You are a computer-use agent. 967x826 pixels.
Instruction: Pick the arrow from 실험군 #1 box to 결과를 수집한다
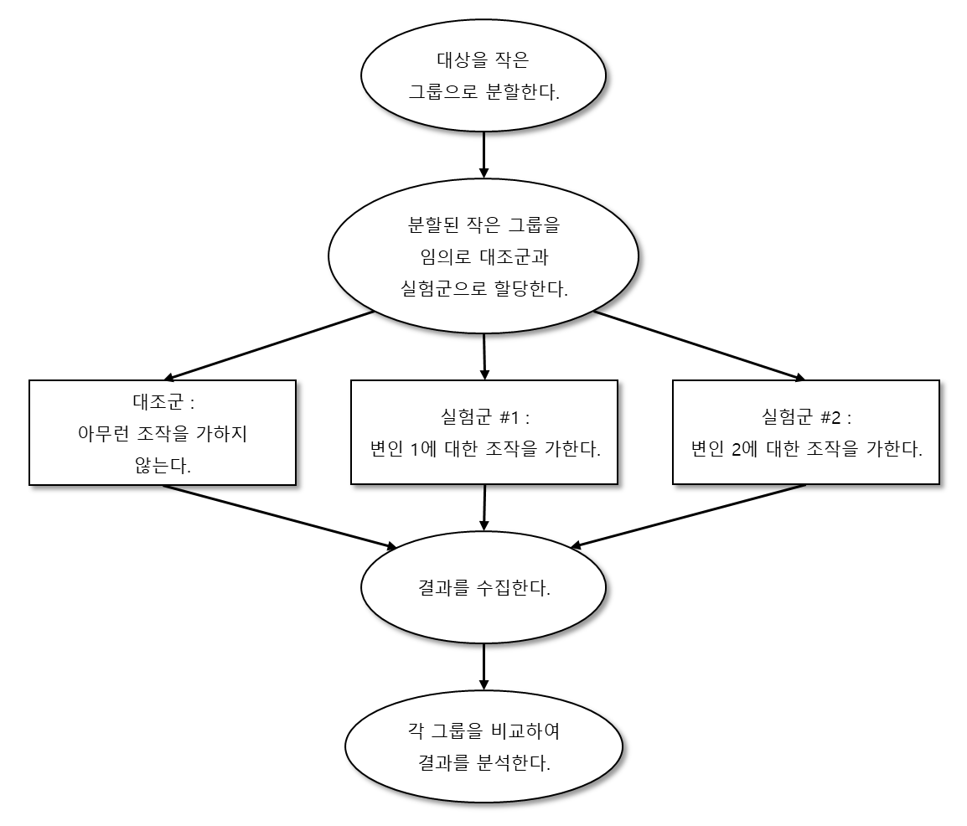[485, 508]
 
